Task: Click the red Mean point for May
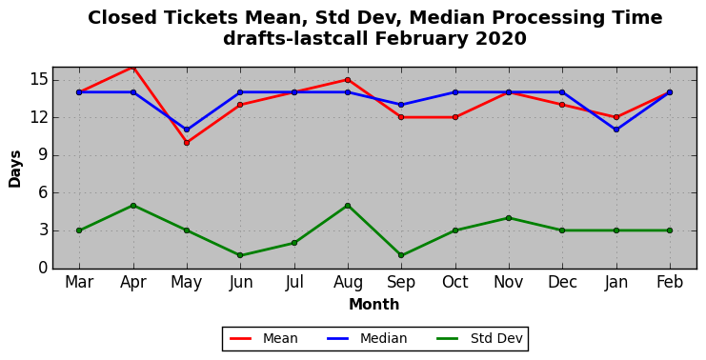(187, 143)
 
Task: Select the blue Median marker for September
(401, 105)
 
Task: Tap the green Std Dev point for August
(348, 206)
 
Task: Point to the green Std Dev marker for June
(240, 255)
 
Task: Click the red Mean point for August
(348, 80)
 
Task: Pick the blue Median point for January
(615, 130)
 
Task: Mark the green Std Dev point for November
(509, 218)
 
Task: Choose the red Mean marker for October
(455, 117)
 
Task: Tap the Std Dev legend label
(496, 338)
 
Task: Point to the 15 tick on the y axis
(37, 80)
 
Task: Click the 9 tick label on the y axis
(42, 155)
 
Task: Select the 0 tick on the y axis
(42, 268)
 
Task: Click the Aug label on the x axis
(348, 283)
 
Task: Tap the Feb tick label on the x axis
(670, 282)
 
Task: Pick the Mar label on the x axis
(79, 282)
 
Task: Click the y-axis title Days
(15, 169)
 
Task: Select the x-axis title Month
(374, 304)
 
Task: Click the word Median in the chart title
(446, 18)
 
